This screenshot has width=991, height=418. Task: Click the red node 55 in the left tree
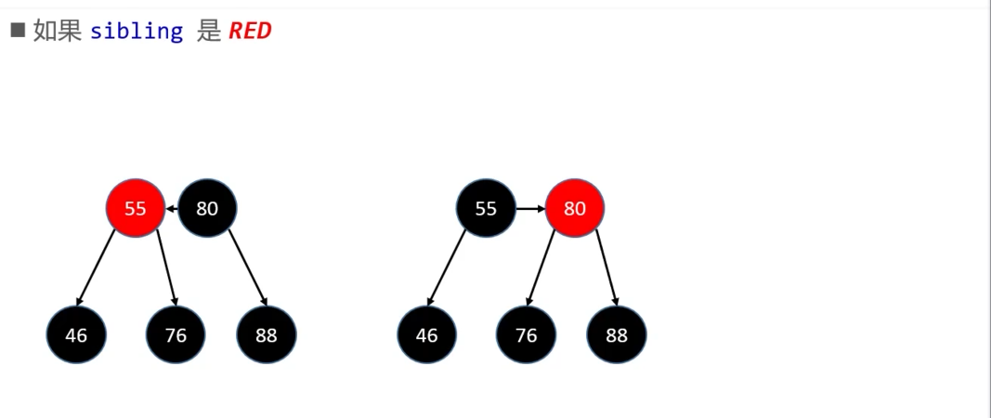coord(136,208)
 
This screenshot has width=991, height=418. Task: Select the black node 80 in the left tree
coord(207,208)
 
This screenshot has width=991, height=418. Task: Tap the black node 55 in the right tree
coord(486,208)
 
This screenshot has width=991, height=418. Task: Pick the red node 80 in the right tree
coord(575,208)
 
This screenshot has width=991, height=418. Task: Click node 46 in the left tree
coord(76,334)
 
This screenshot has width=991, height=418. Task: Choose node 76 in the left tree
coord(176,334)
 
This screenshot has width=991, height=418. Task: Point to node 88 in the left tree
coord(266,334)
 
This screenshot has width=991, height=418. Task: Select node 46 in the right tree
coord(426,334)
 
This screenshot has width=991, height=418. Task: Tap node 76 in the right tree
coord(526,334)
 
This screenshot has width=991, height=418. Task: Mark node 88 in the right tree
coord(616,334)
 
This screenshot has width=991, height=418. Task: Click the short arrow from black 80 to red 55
coord(172,208)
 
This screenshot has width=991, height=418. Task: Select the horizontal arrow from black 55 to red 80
coord(530,208)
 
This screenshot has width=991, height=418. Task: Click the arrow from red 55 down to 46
coord(96,268)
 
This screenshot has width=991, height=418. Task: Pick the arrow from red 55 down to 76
coord(167,268)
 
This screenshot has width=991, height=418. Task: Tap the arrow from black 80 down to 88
coord(248,268)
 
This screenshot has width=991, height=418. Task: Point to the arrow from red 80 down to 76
coord(541,268)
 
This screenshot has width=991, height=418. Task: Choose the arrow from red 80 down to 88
coord(606,268)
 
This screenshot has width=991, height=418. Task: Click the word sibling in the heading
coord(137,31)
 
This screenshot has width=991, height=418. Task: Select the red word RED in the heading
coord(250,31)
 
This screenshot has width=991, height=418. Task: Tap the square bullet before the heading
coord(18,30)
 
